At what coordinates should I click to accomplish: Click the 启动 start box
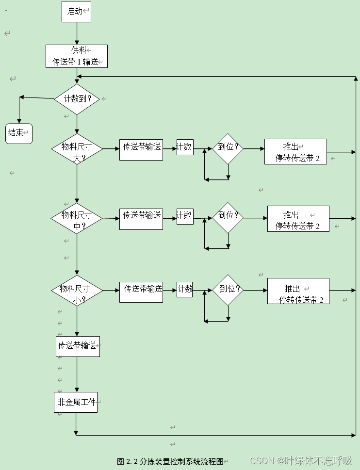(76, 12)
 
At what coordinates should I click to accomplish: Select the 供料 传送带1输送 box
(77, 56)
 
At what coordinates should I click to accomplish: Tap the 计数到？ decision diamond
(77, 99)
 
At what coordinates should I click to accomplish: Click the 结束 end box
(19, 133)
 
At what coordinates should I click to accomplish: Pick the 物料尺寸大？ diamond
(77, 150)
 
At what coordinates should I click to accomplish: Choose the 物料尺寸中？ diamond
(77, 218)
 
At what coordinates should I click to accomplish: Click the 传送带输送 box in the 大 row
(141, 149)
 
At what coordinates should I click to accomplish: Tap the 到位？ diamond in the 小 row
(228, 290)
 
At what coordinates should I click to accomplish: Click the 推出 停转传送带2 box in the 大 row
(295, 152)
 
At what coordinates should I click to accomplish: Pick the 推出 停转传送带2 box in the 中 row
(298, 219)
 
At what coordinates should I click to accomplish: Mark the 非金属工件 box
(76, 403)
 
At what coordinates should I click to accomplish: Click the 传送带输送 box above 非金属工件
(78, 346)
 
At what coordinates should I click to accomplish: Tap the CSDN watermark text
(301, 460)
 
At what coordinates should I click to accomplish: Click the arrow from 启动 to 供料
(77, 33)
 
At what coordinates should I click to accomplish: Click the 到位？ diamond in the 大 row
(228, 147)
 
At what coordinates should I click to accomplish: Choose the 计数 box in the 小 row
(185, 290)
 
